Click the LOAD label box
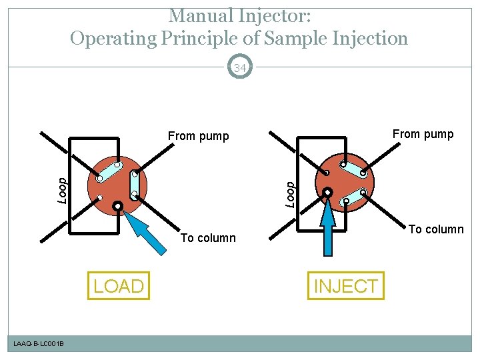click(x=119, y=286)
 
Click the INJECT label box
click(x=345, y=286)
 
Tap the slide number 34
click(x=240, y=67)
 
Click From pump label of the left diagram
click(x=198, y=137)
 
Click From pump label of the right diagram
click(x=423, y=134)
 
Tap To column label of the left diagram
click(x=208, y=238)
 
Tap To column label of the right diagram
click(x=436, y=229)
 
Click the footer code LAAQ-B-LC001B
click(x=39, y=343)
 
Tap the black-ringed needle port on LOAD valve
click(x=117, y=206)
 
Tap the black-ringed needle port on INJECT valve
click(x=328, y=193)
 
